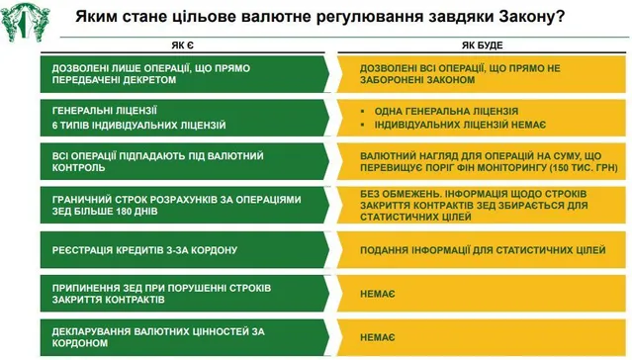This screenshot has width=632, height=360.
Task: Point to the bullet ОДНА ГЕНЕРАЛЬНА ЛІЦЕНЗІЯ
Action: pos(441,111)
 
